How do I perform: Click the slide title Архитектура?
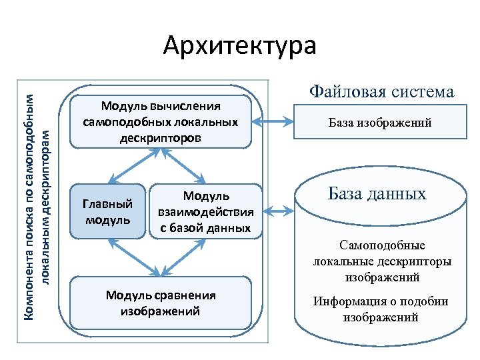click(x=240, y=46)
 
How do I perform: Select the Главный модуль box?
click(x=107, y=211)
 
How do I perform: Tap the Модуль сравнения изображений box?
click(x=161, y=303)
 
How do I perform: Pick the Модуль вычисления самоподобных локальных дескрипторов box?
click(x=161, y=122)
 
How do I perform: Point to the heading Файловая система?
click(x=381, y=92)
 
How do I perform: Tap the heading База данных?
click(x=377, y=194)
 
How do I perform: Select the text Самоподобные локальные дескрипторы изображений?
click(x=381, y=261)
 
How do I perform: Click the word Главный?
click(x=106, y=203)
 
